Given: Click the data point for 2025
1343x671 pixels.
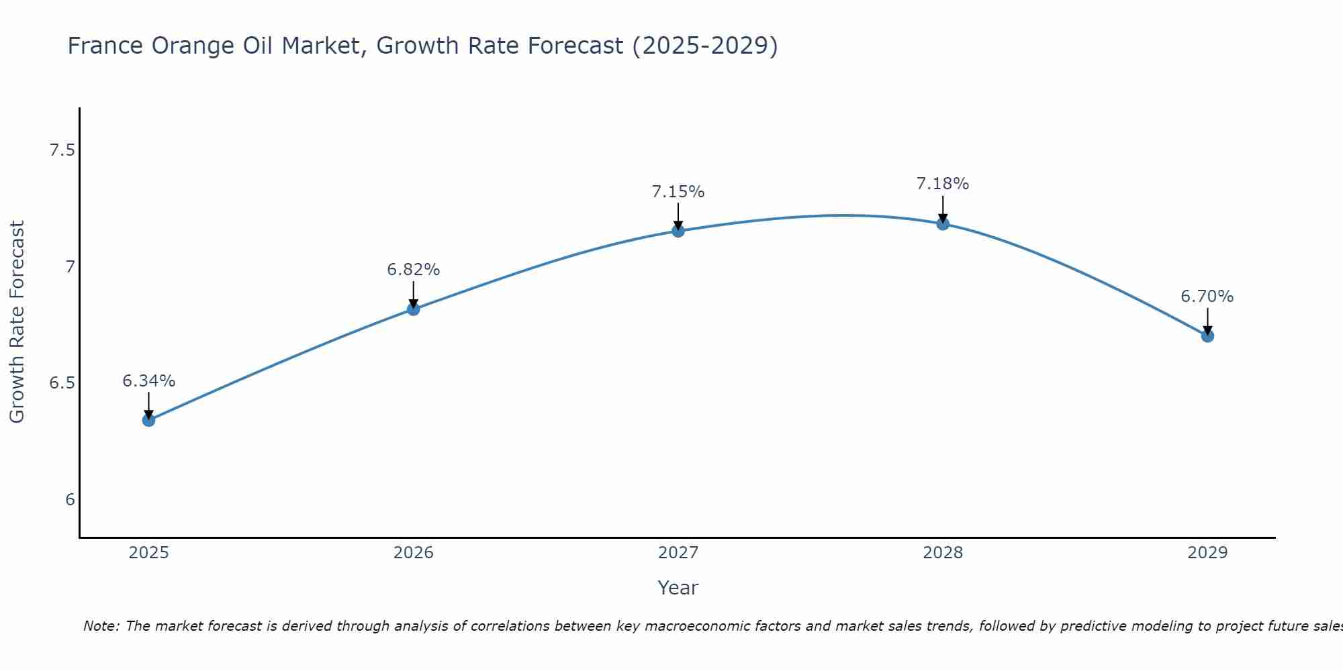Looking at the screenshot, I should coord(148,420).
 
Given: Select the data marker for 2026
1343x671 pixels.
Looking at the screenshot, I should coord(413,309).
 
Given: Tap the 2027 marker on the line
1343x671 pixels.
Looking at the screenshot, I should coord(678,231).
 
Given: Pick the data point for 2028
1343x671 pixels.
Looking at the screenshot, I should coord(943,223).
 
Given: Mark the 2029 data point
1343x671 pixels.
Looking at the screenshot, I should coord(1207,335).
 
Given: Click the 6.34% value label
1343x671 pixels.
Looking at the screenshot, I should coord(148,381).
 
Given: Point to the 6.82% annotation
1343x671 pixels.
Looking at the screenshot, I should coord(413,270).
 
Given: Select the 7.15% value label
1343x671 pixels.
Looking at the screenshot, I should coord(678,192).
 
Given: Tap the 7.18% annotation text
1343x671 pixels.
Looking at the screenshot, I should coord(943,184).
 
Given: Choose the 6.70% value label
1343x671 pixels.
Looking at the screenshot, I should coord(1207,297).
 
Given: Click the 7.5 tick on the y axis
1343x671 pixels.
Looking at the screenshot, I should coord(62,150).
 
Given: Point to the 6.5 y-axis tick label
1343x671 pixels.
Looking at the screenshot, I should coord(62,383).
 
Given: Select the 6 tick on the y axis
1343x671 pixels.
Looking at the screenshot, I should coord(70,500).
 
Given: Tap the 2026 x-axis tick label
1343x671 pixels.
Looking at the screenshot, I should coord(413,553).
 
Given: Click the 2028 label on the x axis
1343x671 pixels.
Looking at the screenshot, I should coord(943,553).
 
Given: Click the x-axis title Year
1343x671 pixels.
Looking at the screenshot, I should coord(678,588).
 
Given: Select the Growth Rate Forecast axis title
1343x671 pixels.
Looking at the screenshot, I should coord(17,322).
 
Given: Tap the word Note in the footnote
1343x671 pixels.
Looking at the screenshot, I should coord(100,626).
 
